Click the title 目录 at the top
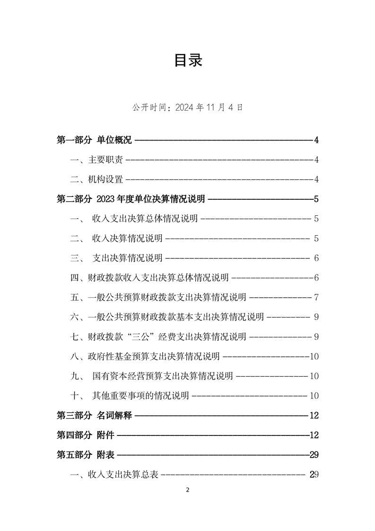pyautogui.click(x=188, y=60)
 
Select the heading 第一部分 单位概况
pyautogui.click(x=94, y=140)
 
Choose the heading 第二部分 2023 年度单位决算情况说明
pyautogui.click(x=131, y=199)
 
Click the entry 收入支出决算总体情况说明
pyautogui.click(x=144, y=219)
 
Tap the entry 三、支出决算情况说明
pyautogui.click(x=116, y=258)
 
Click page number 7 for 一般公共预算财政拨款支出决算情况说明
pyautogui.click(x=316, y=298)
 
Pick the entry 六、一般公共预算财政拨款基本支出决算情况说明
pyautogui.click(x=167, y=317)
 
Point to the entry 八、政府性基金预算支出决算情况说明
pyautogui.click(x=145, y=356)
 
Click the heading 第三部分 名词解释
pyautogui.click(x=94, y=416)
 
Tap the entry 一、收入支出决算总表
pyautogui.click(x=114, y=474)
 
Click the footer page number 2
pyautogui.click(x=188, y=490)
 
